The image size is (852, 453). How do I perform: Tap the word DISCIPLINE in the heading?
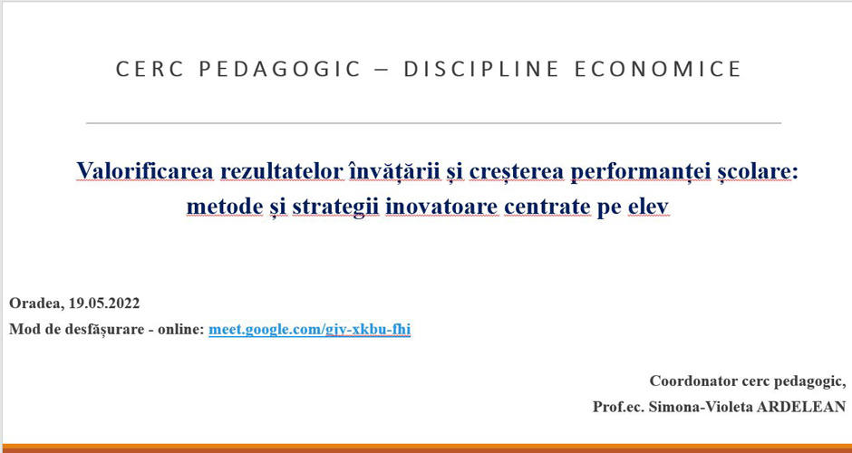pyautogui.click(x=481, y=69)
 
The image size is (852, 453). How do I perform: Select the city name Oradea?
pyautogui.click(x=35, y=304)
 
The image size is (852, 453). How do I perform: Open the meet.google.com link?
pyautogui.click(x=310, y=330)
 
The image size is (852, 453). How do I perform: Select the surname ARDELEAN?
pyautogui.click(x=802, y=406)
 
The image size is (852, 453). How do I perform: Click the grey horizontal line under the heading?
pyautogui.click(x=433, y=123)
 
